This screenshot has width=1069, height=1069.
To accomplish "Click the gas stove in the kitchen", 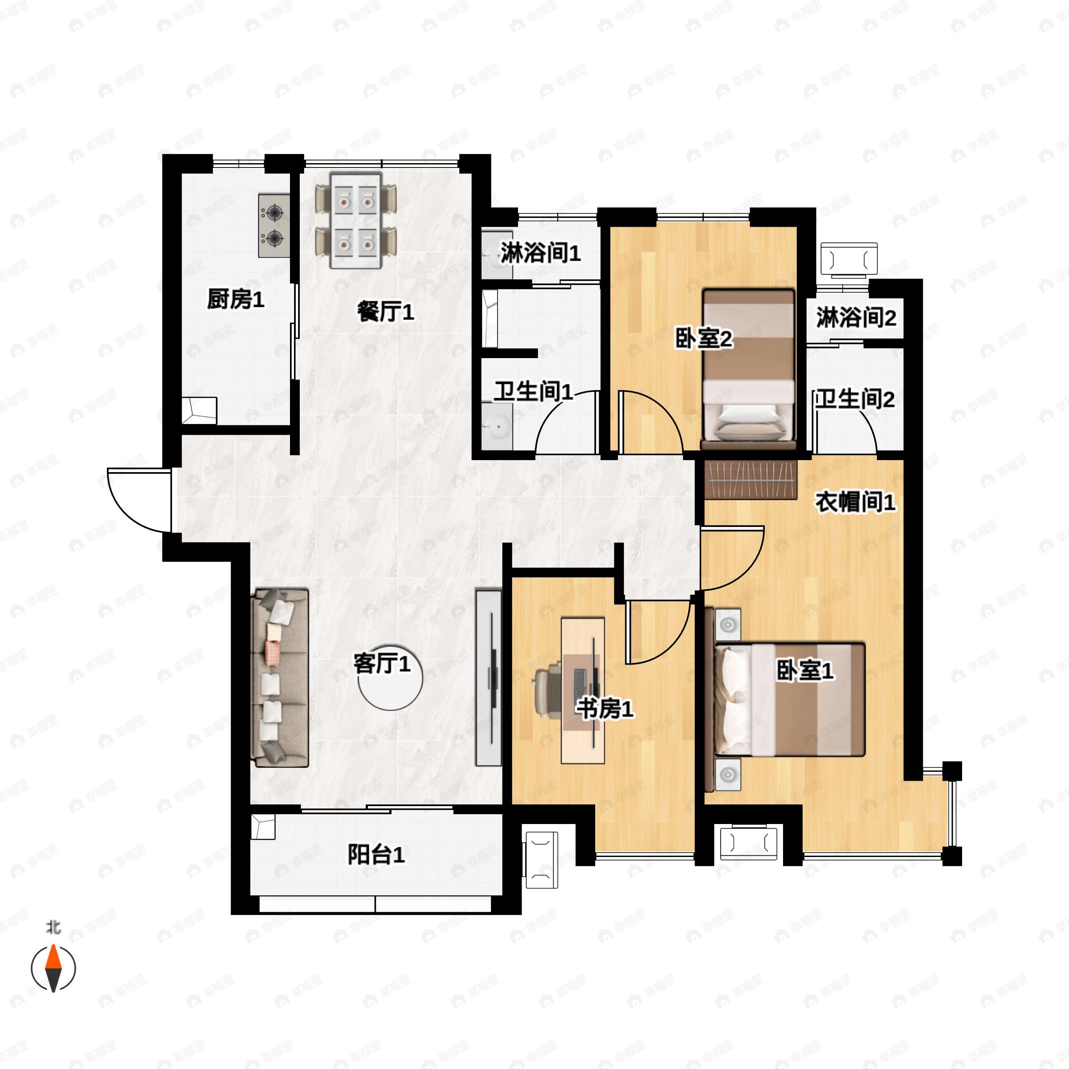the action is click(274, 225).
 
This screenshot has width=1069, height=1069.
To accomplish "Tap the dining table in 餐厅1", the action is click(356, 220).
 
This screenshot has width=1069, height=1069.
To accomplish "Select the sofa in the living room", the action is click(279, 678).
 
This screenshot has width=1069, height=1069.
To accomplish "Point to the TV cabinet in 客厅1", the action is click(489, 678).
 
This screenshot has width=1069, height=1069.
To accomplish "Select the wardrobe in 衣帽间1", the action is click(750, 480).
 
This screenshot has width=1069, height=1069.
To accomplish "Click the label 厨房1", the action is click(235, 299).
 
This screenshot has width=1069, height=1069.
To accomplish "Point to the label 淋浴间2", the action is click(856, 318).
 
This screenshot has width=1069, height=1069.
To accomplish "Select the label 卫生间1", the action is click(533, 392).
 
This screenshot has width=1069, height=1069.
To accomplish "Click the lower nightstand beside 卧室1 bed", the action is click(728, 774).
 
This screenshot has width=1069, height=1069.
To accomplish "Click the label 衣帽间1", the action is click(855, 502).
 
